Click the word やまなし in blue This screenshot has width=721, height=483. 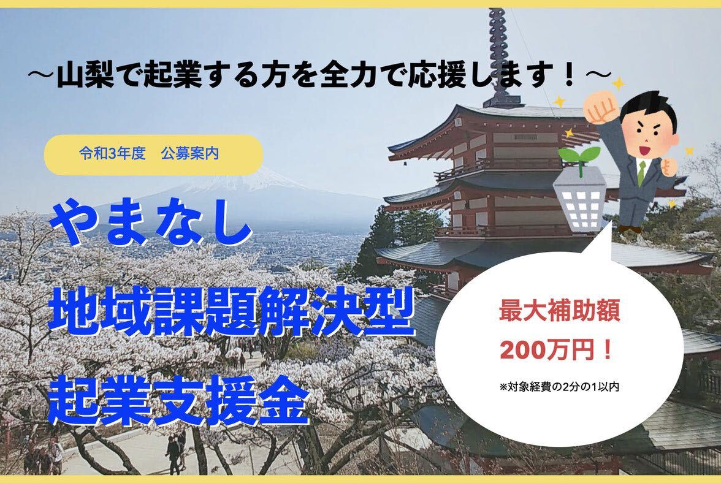[x=152, y=225]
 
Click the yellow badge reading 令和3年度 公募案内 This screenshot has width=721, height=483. [x=153, y=154]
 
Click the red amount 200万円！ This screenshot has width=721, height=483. [x=557, y=351]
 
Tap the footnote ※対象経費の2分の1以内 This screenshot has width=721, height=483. [x=559, y=387]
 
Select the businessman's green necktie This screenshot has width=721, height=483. [x=643, y=172]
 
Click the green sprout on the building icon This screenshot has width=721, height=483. [x=579, y=159]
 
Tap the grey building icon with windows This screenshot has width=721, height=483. [x=579, y=199]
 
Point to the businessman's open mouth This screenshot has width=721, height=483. [x=645, y=150]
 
